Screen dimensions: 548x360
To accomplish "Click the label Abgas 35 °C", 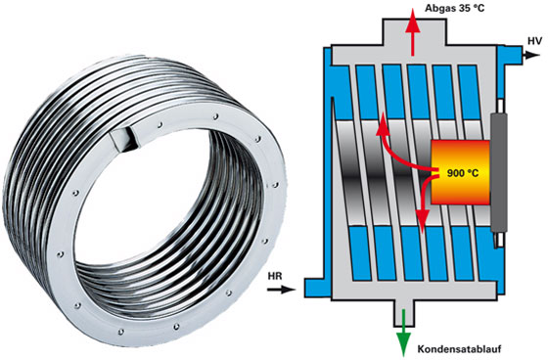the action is [x=455, y=8].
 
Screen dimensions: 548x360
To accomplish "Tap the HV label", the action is [x=534, y=41].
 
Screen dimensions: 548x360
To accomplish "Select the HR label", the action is [x=275, y=277].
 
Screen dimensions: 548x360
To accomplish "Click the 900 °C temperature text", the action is [x=463, y=172].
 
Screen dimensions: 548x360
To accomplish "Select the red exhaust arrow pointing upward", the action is [x=413, y=32].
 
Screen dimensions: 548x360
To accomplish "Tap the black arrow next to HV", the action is [x=531, y=55].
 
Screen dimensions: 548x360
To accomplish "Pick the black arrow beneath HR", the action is [x=282, y=290].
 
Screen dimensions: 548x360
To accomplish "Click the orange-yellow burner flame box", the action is [x=460, y=172].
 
